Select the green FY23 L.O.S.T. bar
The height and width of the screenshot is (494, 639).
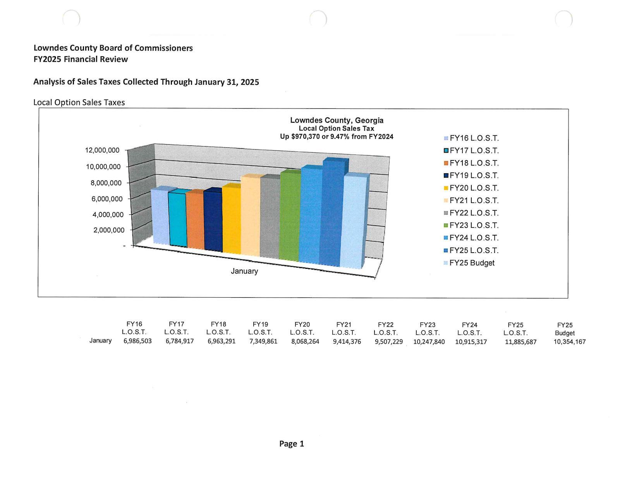coord(290,217)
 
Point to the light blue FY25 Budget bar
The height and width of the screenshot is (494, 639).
coord(352,223)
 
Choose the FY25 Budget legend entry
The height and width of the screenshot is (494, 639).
coord(471,263)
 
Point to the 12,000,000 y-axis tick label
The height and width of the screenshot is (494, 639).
coord(102,150)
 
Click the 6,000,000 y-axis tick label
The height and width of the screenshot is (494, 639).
coord(107,199)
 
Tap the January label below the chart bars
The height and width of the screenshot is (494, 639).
coord(244,271)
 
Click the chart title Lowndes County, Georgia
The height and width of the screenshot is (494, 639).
coord(337,120)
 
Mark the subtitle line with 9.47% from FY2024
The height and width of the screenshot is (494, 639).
coord(337,136)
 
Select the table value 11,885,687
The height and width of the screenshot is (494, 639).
coord(520,342)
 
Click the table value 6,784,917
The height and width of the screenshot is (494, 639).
coord(179,341)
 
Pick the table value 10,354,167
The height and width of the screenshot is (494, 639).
coord(569,342)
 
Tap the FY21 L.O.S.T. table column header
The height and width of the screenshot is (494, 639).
coord(344,328)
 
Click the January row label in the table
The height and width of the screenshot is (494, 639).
coord(100,341)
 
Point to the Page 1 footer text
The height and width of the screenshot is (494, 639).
coord(292,444)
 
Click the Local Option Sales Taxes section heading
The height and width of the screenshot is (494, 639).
coord(79,102)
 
